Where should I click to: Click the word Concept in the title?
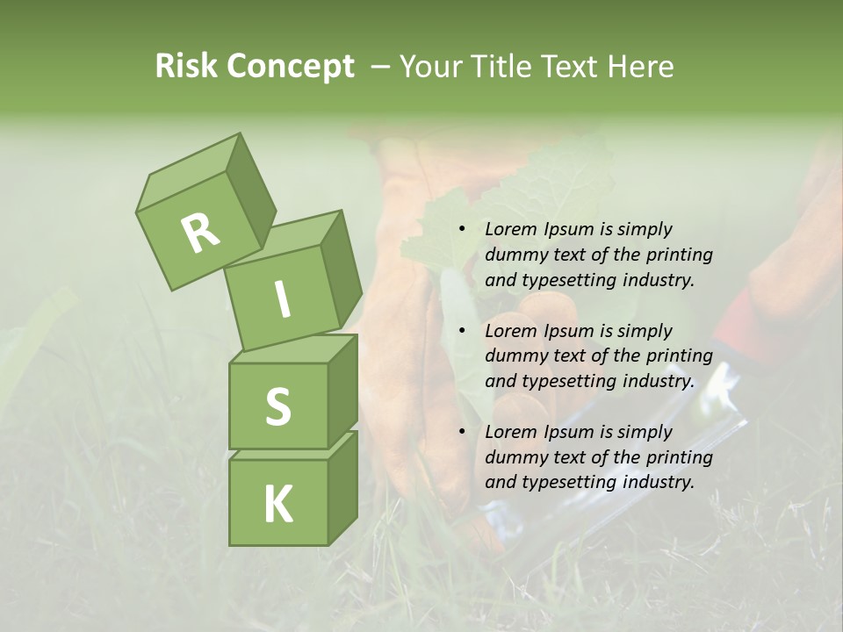click(x=292, y=68)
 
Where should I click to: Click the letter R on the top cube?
click(x=200, y=233)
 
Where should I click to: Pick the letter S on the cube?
click(x=277, y=407)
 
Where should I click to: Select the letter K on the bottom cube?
click(x=277, y=504)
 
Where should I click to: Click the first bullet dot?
click(x=462, y=229)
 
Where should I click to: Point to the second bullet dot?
click(x=462, y=331)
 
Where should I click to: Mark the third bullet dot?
click(x=462, y=432)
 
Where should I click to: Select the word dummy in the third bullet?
click(x=513, y=457)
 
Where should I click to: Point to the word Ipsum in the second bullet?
click(x=570, y=331)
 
